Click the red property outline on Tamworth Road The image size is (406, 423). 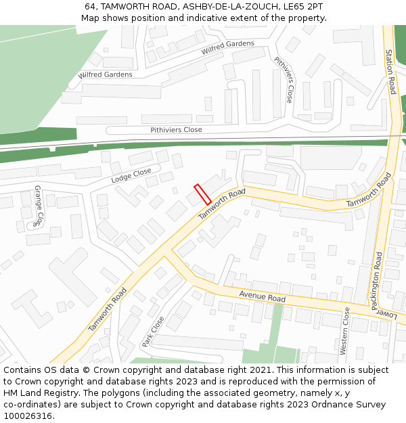click(202, 194)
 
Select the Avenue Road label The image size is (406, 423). click(263, 296)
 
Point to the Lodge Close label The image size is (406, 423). click(131, 176)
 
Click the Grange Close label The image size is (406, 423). click(39, 205)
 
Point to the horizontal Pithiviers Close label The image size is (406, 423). click(176, 129)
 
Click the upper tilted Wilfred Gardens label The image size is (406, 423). click(227, 47)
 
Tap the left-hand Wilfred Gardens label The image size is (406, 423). click(105, 74)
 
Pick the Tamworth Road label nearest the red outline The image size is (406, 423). click(221, 204)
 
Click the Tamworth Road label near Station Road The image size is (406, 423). click(369, 192)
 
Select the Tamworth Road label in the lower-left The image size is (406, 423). click(108, 310)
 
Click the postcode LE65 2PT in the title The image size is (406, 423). click(300, 6)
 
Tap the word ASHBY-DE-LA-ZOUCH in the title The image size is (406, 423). click(219, 6)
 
